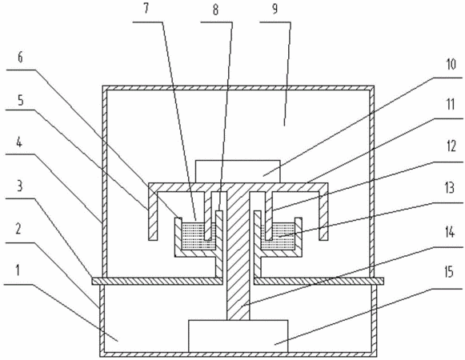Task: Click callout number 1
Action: tap(18, 270)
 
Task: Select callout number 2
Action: tap(18, 228)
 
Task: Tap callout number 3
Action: tap(19, 186)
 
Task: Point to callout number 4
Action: tap(19, 142)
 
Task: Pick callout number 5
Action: tap(20, 101)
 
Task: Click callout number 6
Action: tap(20, 58)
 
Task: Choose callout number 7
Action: tap(146, 9)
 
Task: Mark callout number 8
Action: tap(215, 10)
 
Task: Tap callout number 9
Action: tap(275, 9)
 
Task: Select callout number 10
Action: tap(451, 64)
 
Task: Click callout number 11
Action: tap(451, 104)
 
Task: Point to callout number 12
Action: tap(451, 146)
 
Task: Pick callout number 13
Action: tap(450, 188)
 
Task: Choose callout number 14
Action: tap(450, 232)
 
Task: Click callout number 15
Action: tap(450, 272)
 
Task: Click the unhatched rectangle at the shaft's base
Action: tap(239, 336)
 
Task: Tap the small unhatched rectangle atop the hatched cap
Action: tap(238, 172)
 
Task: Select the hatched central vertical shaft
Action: tap(239, 256)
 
